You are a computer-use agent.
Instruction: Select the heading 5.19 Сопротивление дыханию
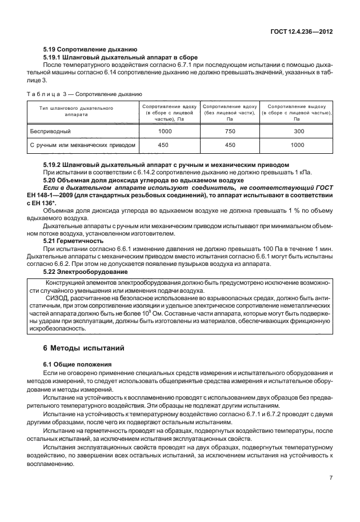pos(90,50)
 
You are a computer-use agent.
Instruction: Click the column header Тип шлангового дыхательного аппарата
pos(76,111)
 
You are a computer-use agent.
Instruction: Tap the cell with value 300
pos(297,132)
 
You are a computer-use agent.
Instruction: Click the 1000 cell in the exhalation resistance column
pos(297,145)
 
